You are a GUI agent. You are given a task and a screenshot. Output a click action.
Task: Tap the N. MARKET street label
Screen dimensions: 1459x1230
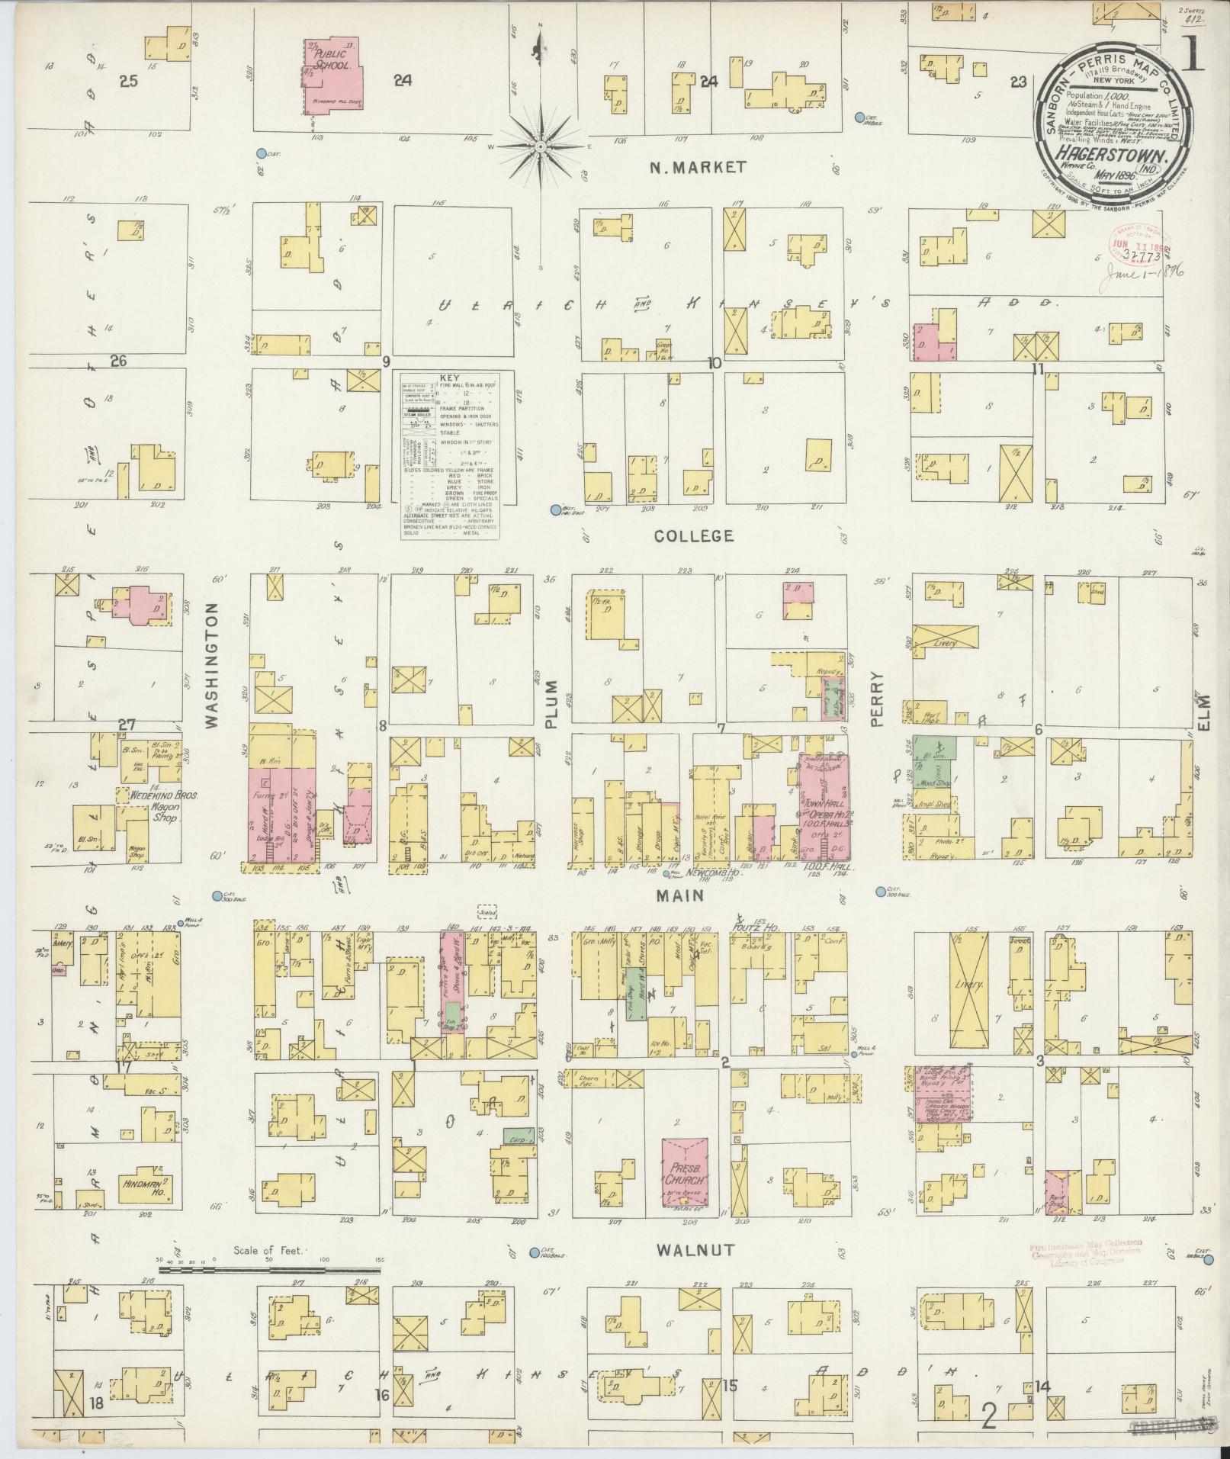[x=696, y=168]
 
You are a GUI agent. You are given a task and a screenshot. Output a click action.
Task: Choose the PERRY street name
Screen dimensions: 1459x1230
[x=877, y=698]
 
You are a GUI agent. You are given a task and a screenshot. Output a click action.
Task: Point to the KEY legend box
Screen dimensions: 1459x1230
[x=449, y=457]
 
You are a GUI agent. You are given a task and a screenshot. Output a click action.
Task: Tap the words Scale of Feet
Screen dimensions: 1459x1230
[x=268, y=1251]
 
